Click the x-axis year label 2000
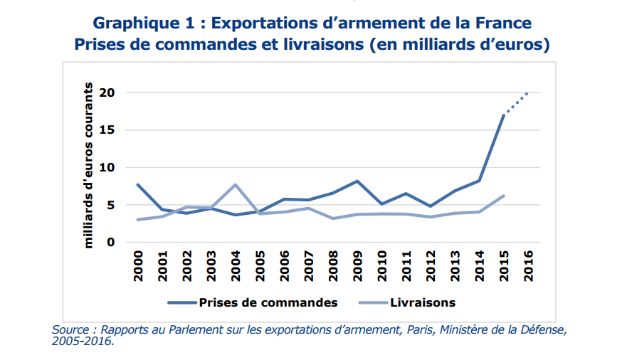click(x=138, y=265)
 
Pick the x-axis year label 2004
click(x=236, y=265)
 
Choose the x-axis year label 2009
click(x=357, y=265)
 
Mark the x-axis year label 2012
click(x=431, y=265)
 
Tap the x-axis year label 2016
click(x=528, y=265)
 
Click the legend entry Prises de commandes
click(x=268, y=302)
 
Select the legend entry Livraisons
click(x=422, y=302)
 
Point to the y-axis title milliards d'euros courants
click(x=89, y=165)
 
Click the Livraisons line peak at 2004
click(x=236, y=185)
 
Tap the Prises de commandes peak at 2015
click(x=504, y=115)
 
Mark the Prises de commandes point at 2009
click(x=357, y=181)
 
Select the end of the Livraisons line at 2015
click(x=504, y=196)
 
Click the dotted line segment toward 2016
click(x=517, y=102)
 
